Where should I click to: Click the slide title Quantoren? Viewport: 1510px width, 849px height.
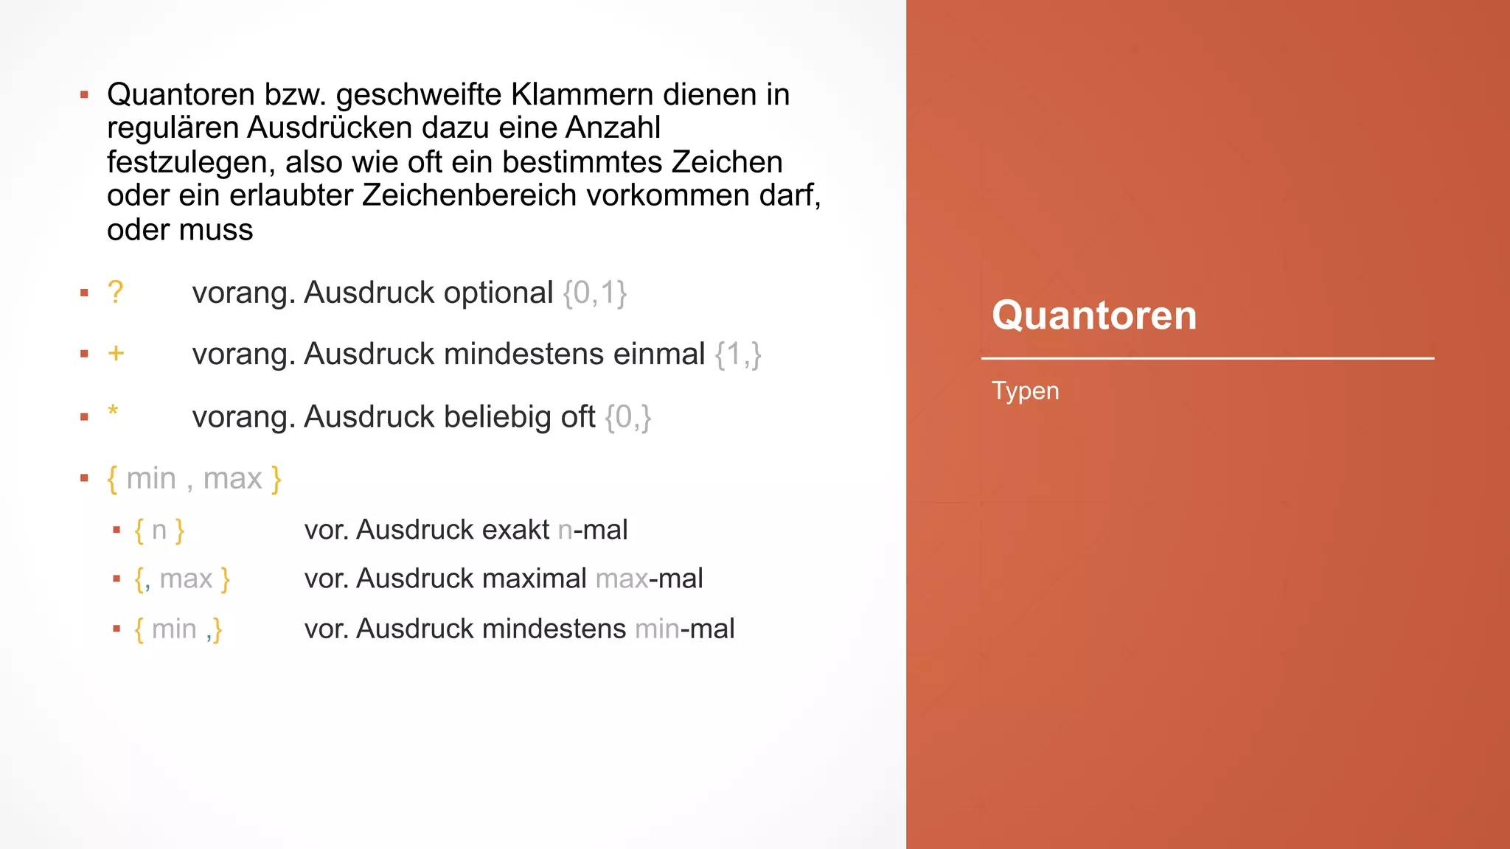(1093, 315)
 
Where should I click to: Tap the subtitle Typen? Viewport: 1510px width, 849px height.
(1025, 391)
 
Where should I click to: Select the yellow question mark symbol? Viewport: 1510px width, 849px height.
(115, 293)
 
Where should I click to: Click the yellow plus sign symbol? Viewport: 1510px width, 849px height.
(116, 354)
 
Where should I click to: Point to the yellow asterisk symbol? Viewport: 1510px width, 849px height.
(113, 411)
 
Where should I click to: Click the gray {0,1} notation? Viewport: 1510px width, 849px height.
(594, 293)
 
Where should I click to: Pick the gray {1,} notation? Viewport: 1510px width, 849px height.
(737, 354)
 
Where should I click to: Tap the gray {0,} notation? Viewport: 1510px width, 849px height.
(627, 417)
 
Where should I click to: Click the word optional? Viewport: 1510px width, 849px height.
(498, 293)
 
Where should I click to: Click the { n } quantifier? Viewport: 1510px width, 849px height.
(159, 531)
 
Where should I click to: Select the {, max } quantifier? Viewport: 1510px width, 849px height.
(182, 579)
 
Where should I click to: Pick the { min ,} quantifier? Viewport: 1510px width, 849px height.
(178, 629)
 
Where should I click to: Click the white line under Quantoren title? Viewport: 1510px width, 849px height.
(1207, 359)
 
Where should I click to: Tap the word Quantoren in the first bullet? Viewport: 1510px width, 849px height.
(181, 94)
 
